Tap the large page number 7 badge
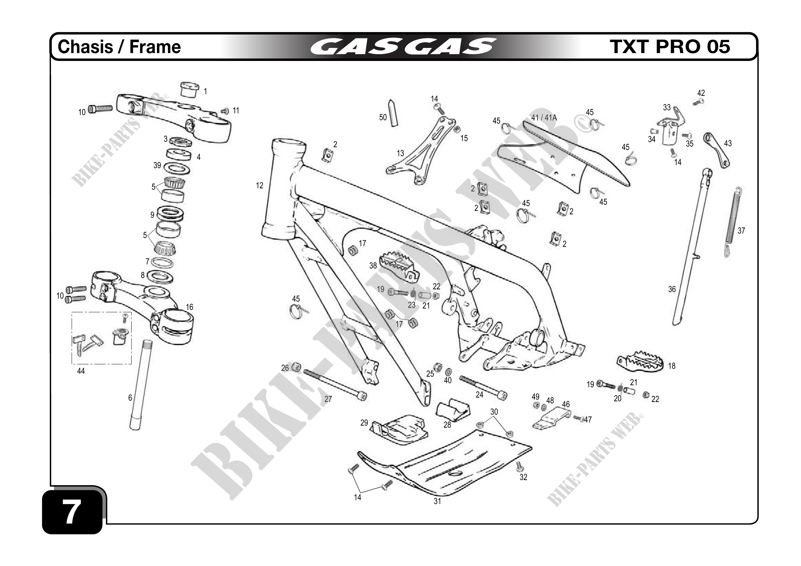(x=72, y=511)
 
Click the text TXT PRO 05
(x=669, y=47)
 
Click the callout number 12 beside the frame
(x=259, y=186)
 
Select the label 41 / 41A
(x=544, y=118)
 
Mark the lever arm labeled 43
(x=717, y=150)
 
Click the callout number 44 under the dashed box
(x=81, y=371)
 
